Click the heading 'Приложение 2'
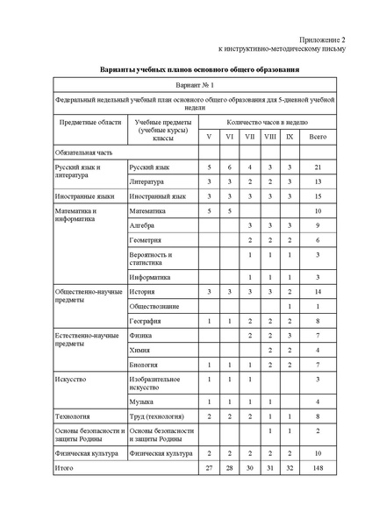(x=324, y=40)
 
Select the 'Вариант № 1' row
(x=197, y=87)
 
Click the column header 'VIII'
(x=269, y=137)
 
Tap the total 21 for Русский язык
(x=318, y=167)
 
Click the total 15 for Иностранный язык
(x=318, y=196)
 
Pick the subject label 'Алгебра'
(x=142, y=225)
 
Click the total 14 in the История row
(x=318, y=290)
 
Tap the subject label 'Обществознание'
(x=154, y=306)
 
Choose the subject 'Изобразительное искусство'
(x=154, y=384)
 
